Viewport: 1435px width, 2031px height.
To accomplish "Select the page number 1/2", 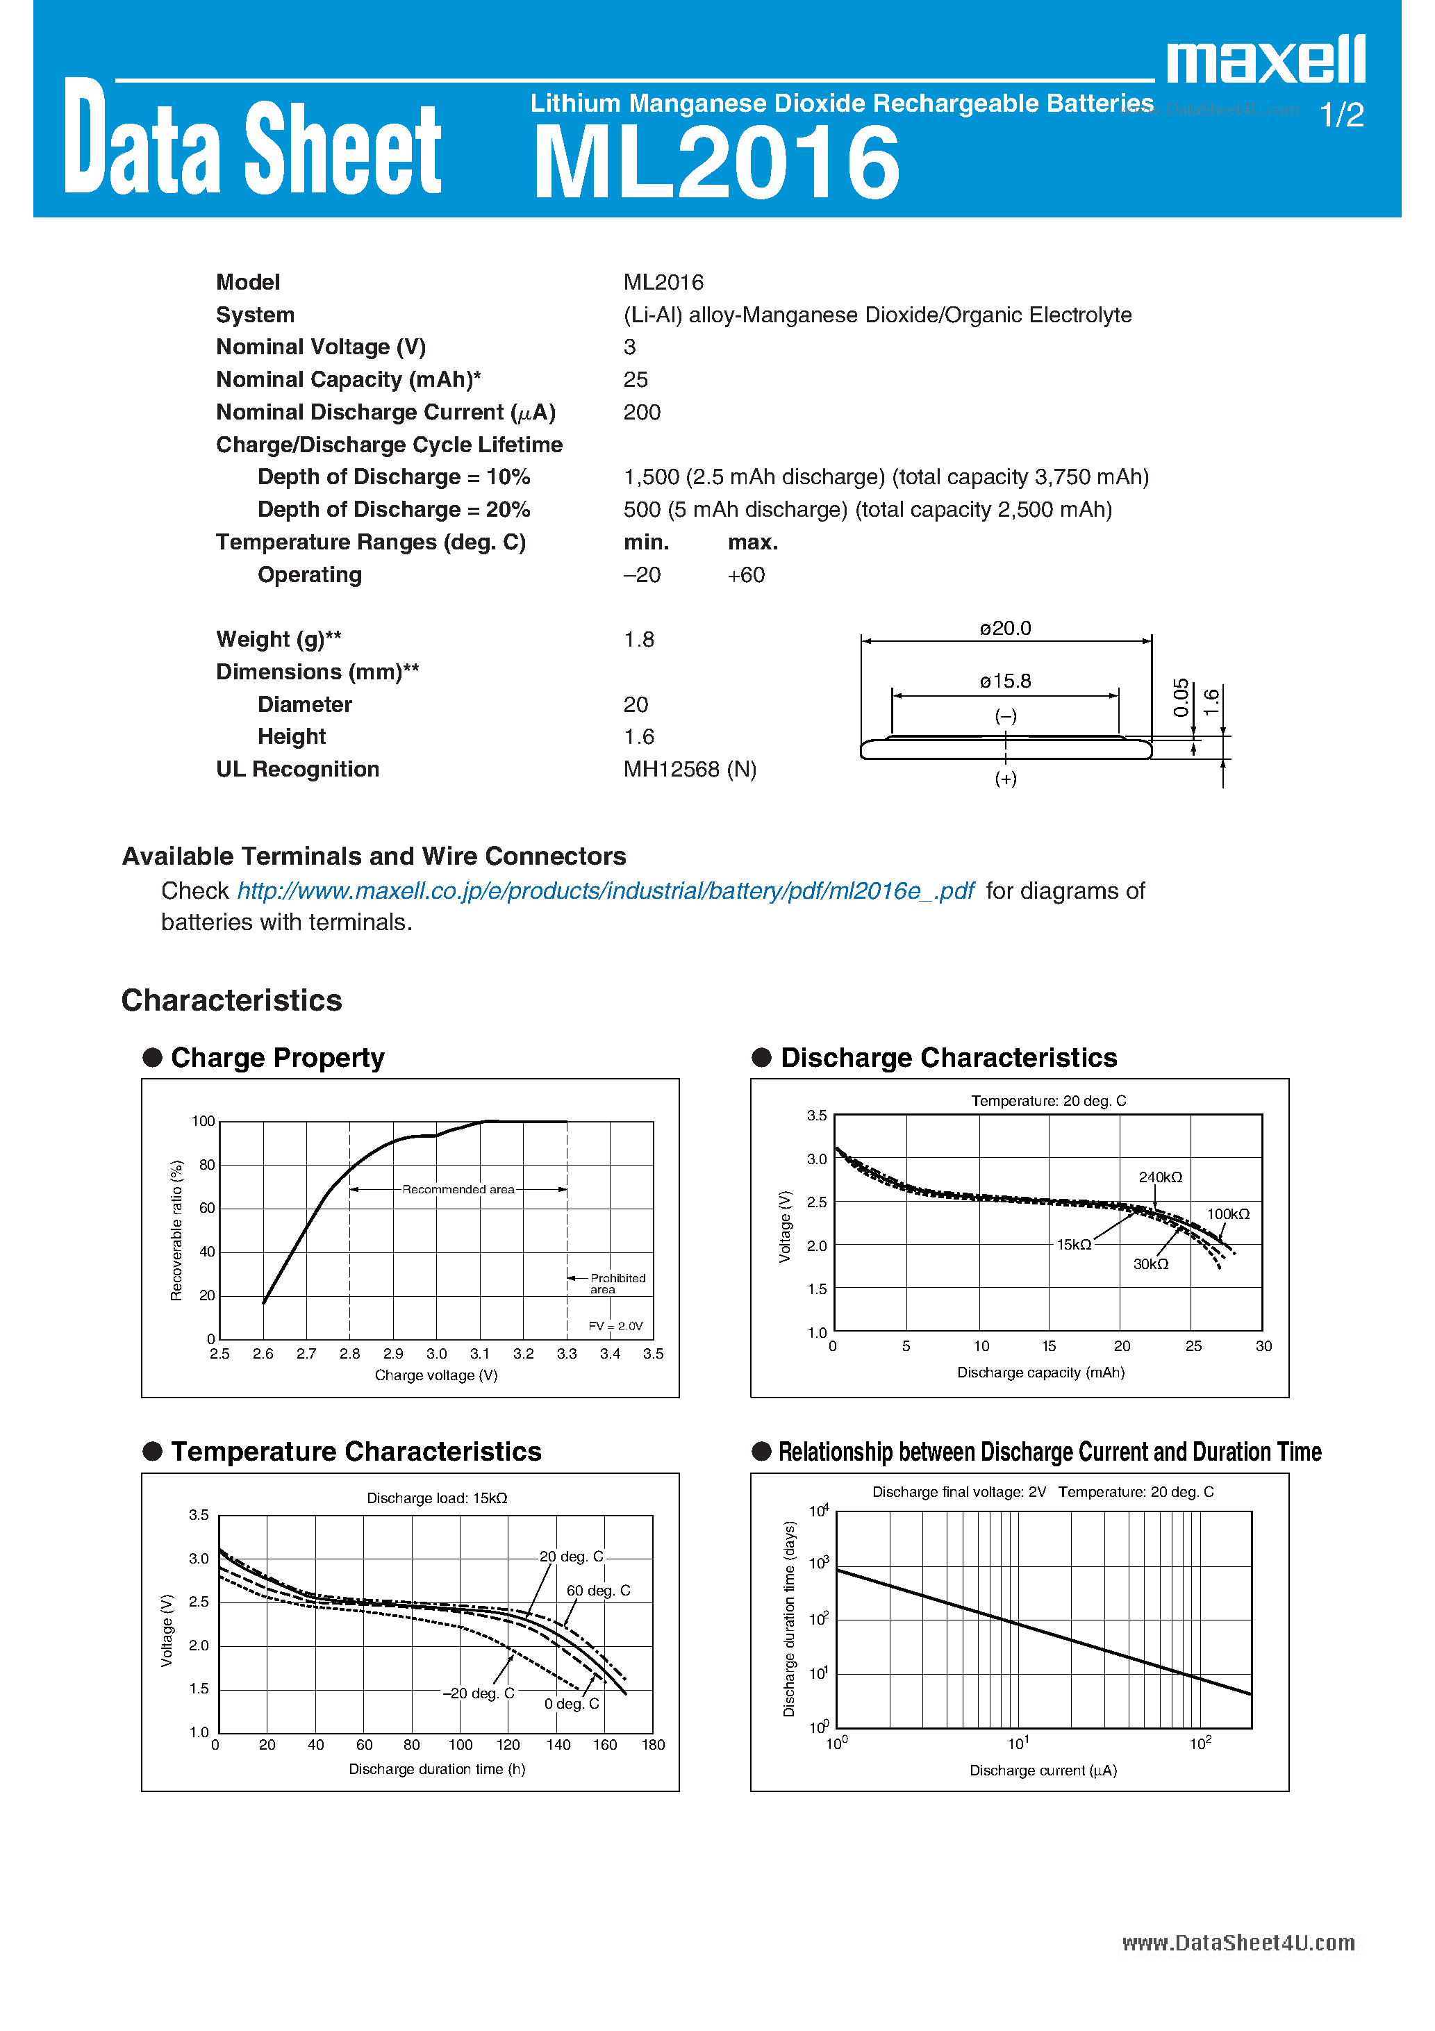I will [x=1341, y=115].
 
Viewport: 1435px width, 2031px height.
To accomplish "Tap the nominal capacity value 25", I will [x=636, y=379].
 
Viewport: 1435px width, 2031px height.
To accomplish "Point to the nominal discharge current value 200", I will [x=641, y=412].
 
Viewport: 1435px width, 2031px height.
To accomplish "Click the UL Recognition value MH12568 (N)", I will [x=689, y=770].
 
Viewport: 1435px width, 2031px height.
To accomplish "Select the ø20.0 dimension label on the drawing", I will [x=1005, y=628].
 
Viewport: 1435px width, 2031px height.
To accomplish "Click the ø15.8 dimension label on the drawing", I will [x=1005, y=681].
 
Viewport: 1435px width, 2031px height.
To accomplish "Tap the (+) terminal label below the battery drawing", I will [x=1005, y=779].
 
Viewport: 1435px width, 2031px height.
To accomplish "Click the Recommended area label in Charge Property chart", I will [x=458, y=1190].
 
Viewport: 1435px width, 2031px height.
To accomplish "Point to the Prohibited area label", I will [x=617, y=1284].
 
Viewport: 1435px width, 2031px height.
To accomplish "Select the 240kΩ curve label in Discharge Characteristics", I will [x=1160, y=1177].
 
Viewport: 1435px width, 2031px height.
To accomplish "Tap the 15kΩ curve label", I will [x=1073, y=1245].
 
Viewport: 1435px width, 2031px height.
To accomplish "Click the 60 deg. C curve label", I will [x=598, y=1591].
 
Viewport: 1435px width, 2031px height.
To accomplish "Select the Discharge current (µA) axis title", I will [x=1043, y=1770].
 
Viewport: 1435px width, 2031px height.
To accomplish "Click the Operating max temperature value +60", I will [x=746, y=575].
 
